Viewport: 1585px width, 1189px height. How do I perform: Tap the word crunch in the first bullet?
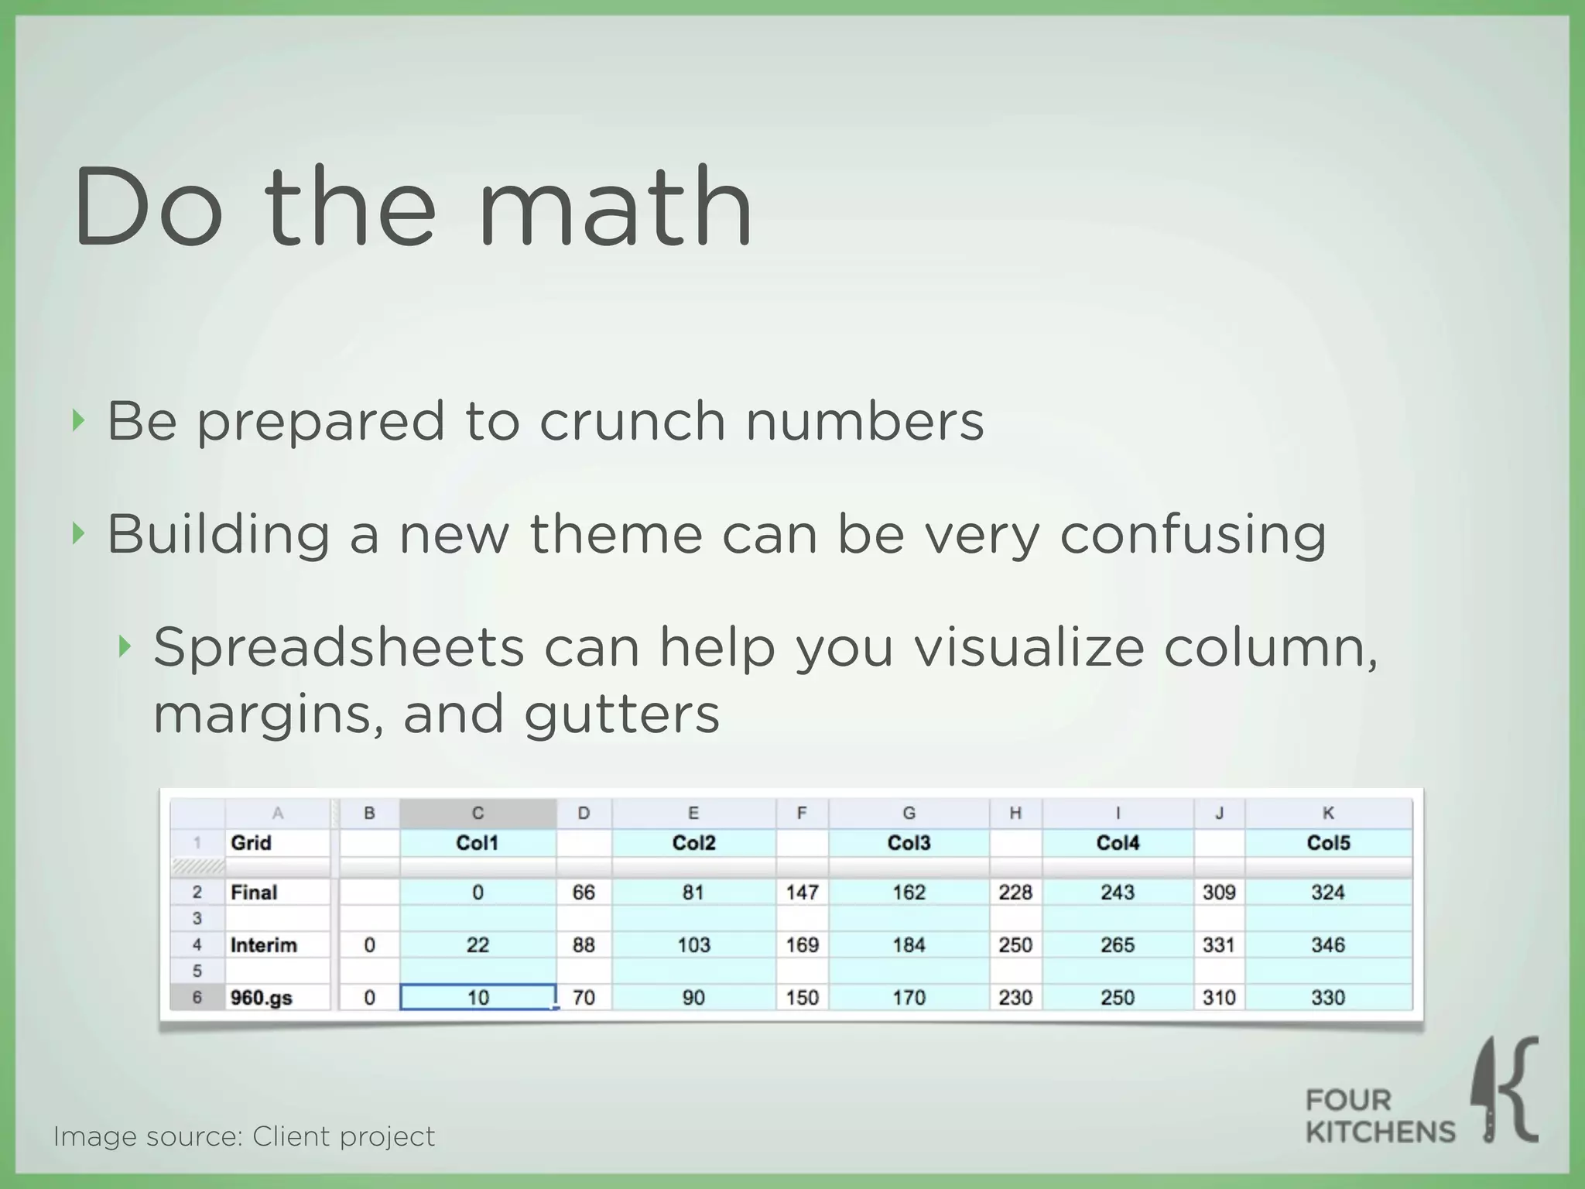pos(632,421)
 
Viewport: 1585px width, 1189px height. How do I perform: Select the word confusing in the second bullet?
pos(1193,536)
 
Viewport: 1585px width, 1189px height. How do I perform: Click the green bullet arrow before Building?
pos(77,533)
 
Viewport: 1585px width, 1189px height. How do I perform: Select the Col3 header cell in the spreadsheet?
pos(909,843)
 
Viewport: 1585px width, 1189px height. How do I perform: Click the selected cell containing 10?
pos(478,997)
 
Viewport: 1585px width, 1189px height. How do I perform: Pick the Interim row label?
pos(264,945)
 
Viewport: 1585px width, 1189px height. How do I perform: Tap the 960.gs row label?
pos(262,998)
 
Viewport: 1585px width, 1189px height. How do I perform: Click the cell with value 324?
pos(1327,893)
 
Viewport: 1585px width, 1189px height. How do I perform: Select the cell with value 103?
pos(693,945)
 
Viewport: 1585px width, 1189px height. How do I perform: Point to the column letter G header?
pos(909,813)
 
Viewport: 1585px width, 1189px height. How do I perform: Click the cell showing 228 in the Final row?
pos(1015,893)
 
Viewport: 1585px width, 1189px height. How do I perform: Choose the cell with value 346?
pos(1327,945)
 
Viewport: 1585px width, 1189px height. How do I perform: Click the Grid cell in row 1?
pos(252,843)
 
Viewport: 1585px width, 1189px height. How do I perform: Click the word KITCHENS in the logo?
pos(1380,1132)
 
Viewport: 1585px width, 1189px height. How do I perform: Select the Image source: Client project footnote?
pos(244,1136)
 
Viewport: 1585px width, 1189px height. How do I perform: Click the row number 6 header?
pos(197,998)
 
